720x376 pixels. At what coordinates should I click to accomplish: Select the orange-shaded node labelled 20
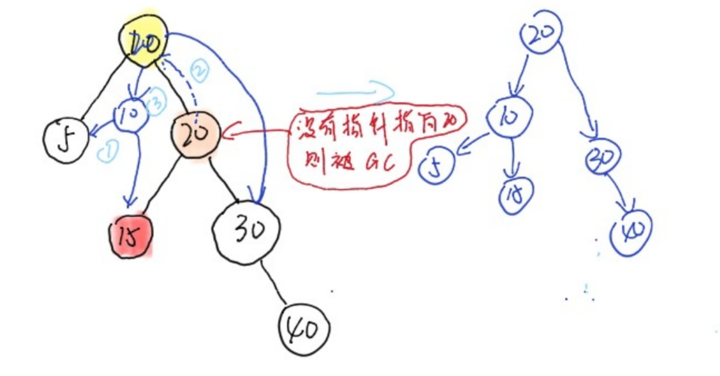click(195, 134)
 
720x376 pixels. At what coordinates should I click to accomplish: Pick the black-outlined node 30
click(246, 231)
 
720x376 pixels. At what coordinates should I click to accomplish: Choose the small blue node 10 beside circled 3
click(130, 114)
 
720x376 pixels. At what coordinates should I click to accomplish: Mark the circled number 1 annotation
click(107, 150)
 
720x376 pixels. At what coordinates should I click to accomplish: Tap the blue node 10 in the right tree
click(509, 116)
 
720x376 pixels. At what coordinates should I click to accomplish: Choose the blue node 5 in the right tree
click(436, 167)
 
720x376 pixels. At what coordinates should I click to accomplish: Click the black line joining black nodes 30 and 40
click(275, 283)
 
